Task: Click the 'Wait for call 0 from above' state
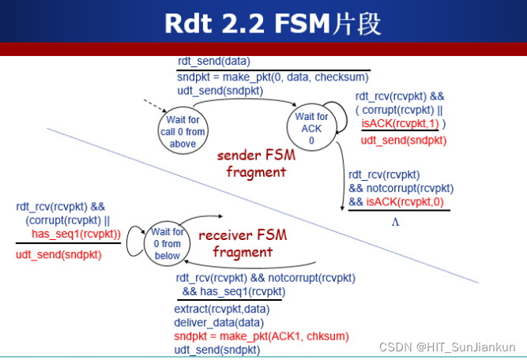[x=183, y=130]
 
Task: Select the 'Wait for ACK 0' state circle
[x=311, y=127]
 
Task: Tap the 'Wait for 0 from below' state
[x=167, y=243]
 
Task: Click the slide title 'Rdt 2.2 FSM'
[x=248, y=24]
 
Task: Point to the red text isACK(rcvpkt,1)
[x=400, y=124]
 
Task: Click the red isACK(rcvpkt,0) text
[x=405, y=202]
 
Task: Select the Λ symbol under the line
[x=395, y=222]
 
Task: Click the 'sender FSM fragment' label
[x=256, y=163]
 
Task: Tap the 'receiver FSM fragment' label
[x=243, y=243]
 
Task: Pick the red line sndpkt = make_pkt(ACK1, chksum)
[x=262, y=336]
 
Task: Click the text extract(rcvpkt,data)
[x=222, y=309]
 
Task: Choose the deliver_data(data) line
[x=219, y=323]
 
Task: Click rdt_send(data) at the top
[x=214, y=61]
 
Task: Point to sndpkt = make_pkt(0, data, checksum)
[x=273, y=77]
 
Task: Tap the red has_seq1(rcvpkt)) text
[x=77, y=234]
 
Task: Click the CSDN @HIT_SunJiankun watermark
[x=447, y=347]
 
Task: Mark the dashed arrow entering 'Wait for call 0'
[x=156, y=106]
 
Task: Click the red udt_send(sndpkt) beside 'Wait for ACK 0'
[x=404, y=141]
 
